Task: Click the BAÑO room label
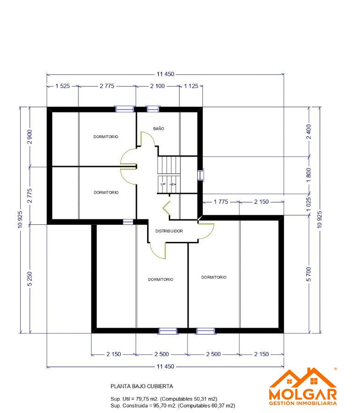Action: coord(159,128)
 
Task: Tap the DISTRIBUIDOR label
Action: coord(169,231)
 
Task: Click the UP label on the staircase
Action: coord(163,184)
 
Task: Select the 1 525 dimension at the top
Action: coord(63,86)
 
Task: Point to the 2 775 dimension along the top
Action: coord(107,86)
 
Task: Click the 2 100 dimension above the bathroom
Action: coord(157,86)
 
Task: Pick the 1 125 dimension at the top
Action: coord(191,86)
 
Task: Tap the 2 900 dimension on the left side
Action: coord(30,137)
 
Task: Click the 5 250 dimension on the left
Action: coord(30,279)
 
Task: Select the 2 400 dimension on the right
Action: coord(309,132)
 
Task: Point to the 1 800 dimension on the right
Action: coord(309,175)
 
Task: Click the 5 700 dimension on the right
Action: coord(309,274)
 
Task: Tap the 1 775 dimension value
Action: coord(221,202)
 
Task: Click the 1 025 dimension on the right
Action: coord(309,204)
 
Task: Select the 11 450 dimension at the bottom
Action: coord(165,366)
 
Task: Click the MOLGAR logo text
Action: coord(303,394)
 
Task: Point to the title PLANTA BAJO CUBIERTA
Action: coord(142,386)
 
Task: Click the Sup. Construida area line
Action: coord(172,406)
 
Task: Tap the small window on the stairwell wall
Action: coord(201,175)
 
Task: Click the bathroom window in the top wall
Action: coord(153,109)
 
